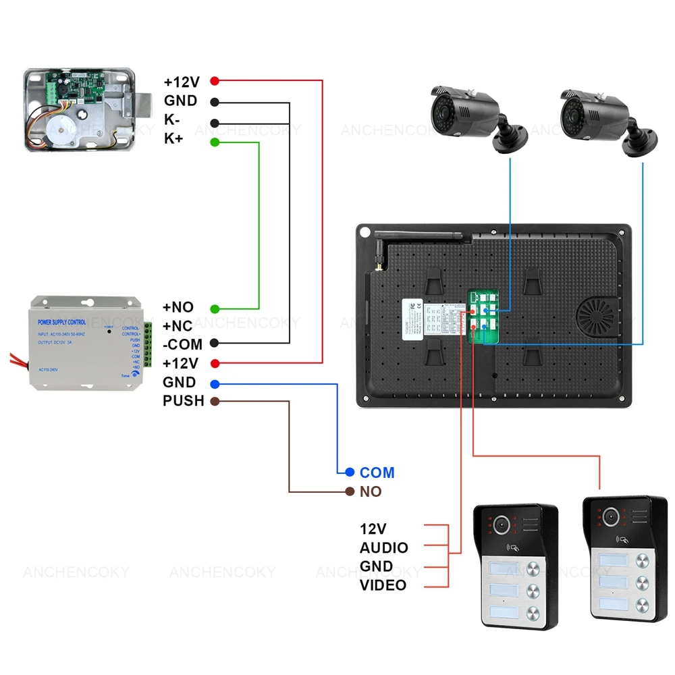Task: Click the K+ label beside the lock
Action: (x=173, y=139)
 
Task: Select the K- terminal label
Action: (x=172, y=120)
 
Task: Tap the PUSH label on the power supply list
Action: (x=183, y=401)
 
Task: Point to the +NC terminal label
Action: (x=178, y=325)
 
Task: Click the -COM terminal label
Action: (x=182, y=344)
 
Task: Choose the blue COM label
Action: (x=377, y=473)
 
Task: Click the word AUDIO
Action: (x=383, y=548)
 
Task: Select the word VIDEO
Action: (x=383, y=585)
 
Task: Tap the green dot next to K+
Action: (x=215, y=142)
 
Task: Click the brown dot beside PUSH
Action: (x=215, y=402)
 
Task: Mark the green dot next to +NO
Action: (x=215, y=308)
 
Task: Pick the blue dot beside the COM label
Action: (x=350, y=473)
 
